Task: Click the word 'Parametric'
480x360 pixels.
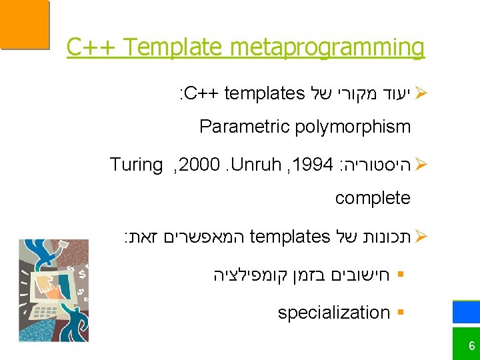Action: (x=241, y=127)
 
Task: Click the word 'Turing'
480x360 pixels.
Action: (x=136, y=165)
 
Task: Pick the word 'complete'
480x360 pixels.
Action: (x=373, y=198)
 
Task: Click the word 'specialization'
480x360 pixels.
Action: (x=333, y=312)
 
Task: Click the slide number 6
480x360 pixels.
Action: (x=471, y=346)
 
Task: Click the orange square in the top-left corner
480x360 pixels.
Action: (x=24, y=24)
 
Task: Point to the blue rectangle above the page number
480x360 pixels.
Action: (x=466, y=312)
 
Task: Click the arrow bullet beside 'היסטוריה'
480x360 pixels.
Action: (x=419, y=165)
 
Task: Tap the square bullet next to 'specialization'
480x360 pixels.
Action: (x=399, y=313)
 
